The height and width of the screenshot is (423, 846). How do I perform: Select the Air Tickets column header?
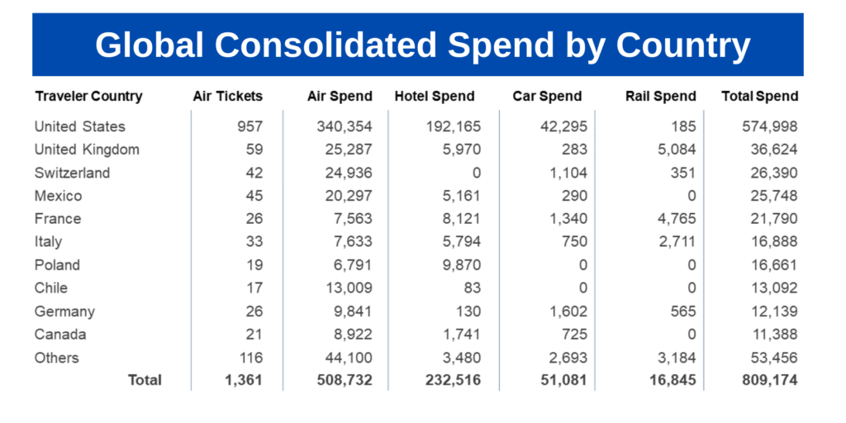pyautogui.click(x=227, y=96)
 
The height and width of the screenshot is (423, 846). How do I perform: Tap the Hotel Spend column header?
pyautogui.click(x=435, y=96)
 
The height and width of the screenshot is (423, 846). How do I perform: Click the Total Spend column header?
pyautogui.click(x=759, y=96)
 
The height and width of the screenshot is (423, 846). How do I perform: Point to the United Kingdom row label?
pyautogui.click(x=87, y=150)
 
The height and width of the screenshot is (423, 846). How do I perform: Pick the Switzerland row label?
pyautogui.click(x=72, y=173)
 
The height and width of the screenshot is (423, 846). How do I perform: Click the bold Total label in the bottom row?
pyautogui.click(x=145, y=380)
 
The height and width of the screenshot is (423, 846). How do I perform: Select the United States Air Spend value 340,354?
pyautogui.click(x=345, y=126)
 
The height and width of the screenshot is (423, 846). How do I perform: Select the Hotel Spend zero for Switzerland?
pyautogui.click(x=475, y=173)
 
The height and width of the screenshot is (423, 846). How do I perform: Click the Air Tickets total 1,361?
pyautogui.click(x=243, y=380)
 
